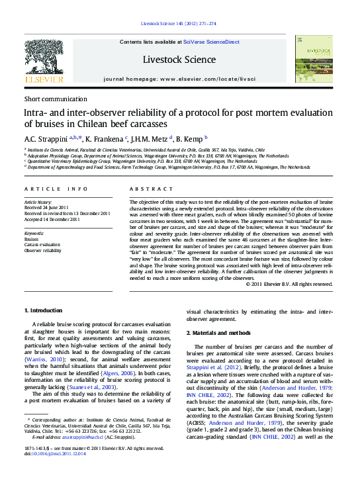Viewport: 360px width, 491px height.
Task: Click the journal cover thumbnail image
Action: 314,60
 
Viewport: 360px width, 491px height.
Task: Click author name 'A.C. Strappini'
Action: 45,138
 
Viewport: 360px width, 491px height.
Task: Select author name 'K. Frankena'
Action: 105,138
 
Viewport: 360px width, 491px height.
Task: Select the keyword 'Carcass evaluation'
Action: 43,246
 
